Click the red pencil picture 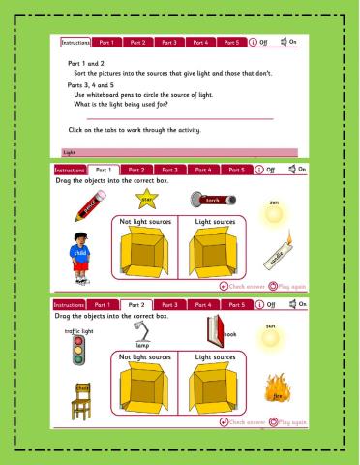click(x=88, y=210)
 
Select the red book click(x=214, y=336)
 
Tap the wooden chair click(x=81, y=401)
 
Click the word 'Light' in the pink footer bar click(x=69, y=152)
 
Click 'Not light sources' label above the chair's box click(x=145, y=357)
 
